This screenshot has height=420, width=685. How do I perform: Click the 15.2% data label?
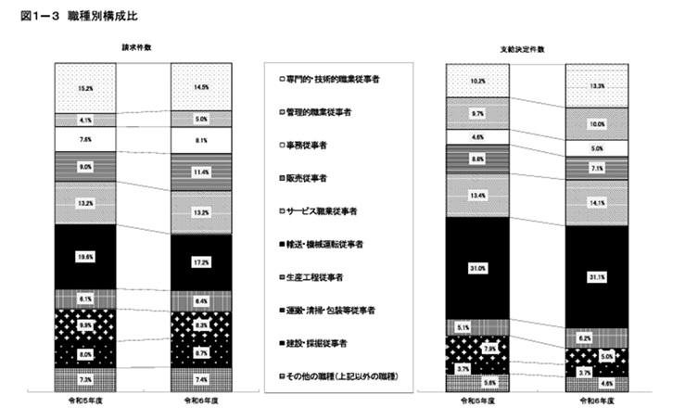coord(85,88)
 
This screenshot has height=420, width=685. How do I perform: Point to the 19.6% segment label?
coord(85,258)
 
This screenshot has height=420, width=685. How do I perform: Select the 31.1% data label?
coord(595,276)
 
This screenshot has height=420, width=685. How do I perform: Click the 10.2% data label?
coord(476,81)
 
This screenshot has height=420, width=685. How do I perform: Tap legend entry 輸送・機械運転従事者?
coord(330,245)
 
